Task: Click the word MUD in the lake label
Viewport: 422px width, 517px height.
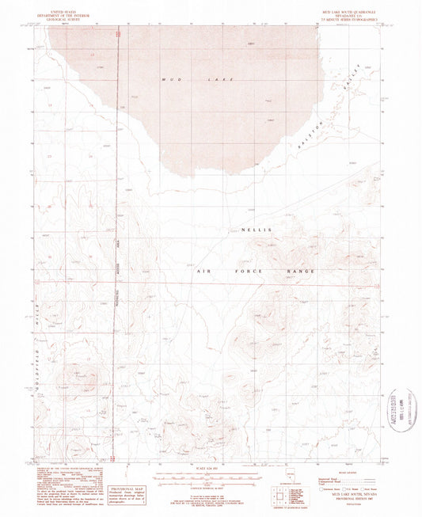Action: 169,78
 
